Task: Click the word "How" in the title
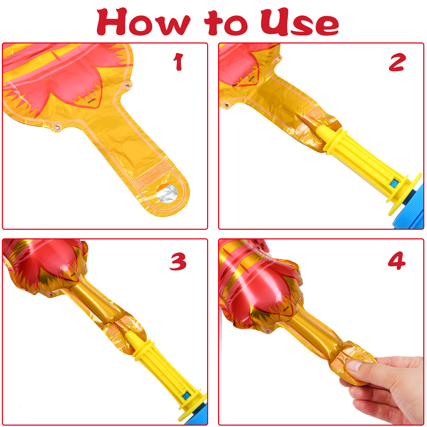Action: [x=144, y=22]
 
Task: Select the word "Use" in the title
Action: [x=299, y=22]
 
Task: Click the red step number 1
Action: [x=178, y=62]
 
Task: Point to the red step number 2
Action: [x=397, y=62]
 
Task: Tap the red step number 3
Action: [x=178, y=262]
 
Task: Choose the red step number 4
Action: [x=397, y=261]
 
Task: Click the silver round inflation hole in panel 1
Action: [x=167, y=193]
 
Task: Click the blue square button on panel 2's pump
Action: [x=393, y=183]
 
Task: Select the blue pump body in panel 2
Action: [x=410, y=207]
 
